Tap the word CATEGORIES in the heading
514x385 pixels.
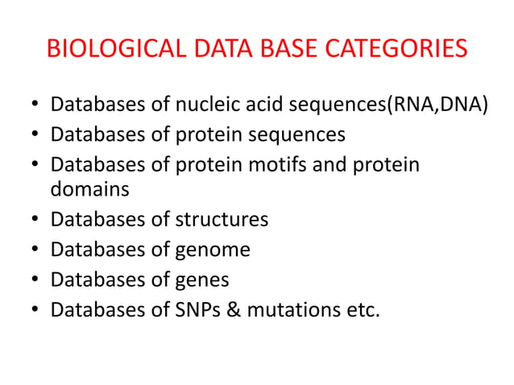(x=388, y=49)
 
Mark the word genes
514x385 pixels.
(x=202, y=280)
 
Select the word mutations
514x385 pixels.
(x=296, y=309)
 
